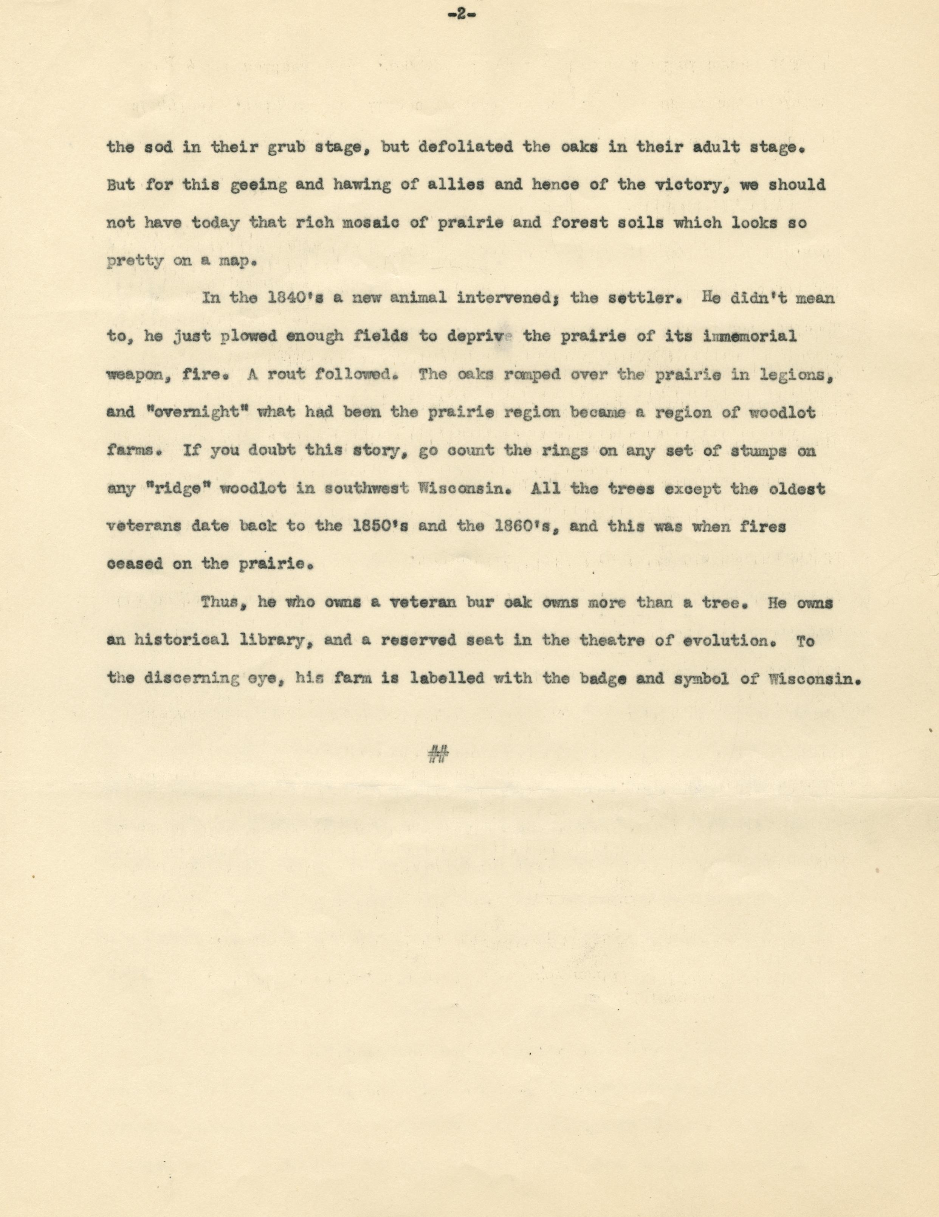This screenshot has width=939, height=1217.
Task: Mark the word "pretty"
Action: (x=135, y=261)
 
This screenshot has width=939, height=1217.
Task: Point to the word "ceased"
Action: (x=134, y=564)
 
